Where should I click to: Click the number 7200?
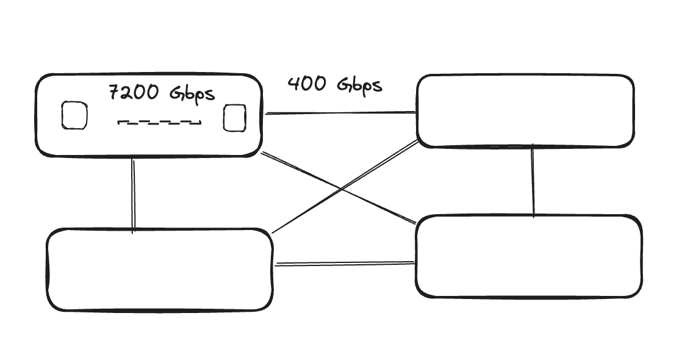click(x=134, y=92)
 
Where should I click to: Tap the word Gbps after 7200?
click(x=192, y=94)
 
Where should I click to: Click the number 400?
click(x=307, y=84)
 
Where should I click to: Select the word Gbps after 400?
click(x=359, y=85)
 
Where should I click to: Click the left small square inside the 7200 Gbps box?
click(x=74, y=115)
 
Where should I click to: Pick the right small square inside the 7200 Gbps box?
click(x=234, y=118)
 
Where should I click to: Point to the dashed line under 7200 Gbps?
click(x=159, y=122)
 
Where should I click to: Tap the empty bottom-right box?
click(x=528, y=217)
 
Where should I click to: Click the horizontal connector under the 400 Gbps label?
click(x=340, y=113)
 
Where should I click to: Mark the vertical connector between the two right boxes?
click(x=533, y=181)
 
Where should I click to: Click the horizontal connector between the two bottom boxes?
click(x=344, y=264)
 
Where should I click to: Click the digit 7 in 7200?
click(x=115, y=92)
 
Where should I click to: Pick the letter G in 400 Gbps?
click(x=344, y=84)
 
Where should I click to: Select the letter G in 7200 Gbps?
click(x=177, y=92)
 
